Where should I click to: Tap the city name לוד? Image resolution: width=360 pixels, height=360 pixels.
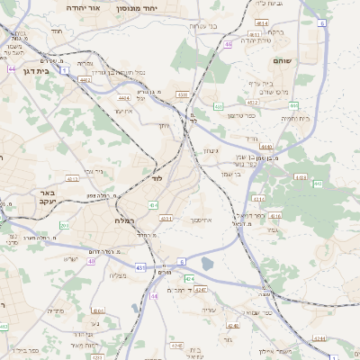click(157, 179)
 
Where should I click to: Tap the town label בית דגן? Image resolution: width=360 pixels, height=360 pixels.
click(35, 70)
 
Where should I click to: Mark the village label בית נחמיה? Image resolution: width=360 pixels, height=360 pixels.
click(295, 118)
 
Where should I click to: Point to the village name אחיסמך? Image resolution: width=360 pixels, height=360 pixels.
click(202, 220)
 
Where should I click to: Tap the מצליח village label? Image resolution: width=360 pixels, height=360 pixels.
click(118, 275)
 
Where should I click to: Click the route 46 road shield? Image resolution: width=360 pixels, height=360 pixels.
click(229, 44)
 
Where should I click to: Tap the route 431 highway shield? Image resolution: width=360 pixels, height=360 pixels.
click(140, 267)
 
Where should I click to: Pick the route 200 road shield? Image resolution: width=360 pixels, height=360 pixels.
click(64, 225)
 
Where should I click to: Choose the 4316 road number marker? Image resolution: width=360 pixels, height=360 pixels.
click(275, 216)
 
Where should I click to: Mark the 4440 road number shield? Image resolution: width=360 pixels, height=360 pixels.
click(265, 146)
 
